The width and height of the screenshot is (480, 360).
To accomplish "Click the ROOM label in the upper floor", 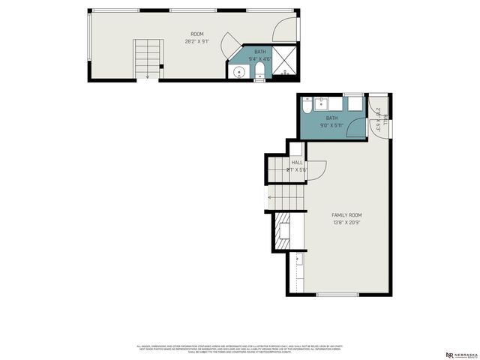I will pos(196,34).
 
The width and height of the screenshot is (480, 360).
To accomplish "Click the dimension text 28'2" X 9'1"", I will pos(196,41).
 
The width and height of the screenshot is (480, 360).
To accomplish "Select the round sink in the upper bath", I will pos(238,72).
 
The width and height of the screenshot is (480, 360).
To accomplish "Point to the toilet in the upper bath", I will pos(259,71).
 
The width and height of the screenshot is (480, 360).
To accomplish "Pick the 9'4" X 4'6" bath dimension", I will pos(259,57).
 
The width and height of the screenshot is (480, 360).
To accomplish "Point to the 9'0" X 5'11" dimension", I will pos(331,125).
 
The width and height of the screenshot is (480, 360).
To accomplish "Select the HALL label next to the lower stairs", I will pos(297,163).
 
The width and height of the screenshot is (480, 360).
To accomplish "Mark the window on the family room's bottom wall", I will pos(337,295).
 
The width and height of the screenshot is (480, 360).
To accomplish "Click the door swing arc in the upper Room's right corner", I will pos(285,28).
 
